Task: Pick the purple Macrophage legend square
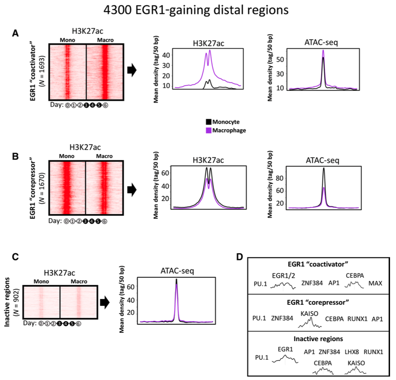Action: tap(209, 130)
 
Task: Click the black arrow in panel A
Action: tap(132, 71)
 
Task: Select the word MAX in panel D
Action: tap(375, 283)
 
